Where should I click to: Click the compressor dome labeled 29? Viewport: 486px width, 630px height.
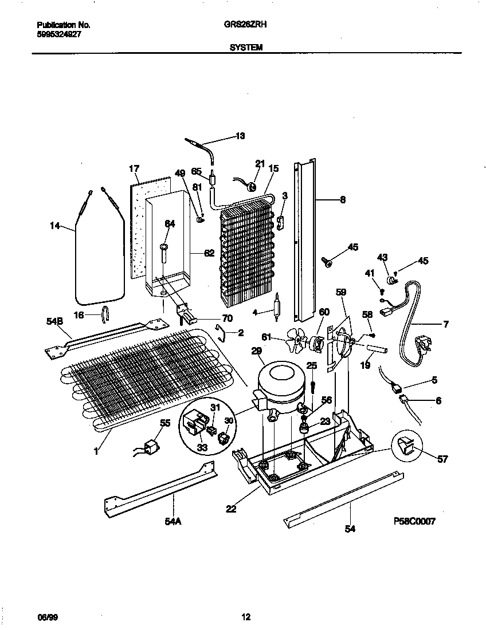click(x=279, y=381)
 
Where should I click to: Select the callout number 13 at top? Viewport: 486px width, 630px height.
click(x=240, y=136)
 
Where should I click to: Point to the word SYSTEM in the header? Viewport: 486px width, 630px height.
click(x=246, y=48)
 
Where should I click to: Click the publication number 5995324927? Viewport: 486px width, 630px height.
click(x=58, y=34)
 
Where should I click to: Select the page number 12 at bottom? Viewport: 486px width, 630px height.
click(x=245, y=617)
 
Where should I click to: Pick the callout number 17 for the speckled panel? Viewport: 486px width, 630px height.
click(x=134, y=168)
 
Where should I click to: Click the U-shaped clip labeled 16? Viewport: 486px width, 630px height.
click(x=105, y=314)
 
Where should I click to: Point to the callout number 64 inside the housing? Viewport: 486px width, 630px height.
click(x=170, y=224)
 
